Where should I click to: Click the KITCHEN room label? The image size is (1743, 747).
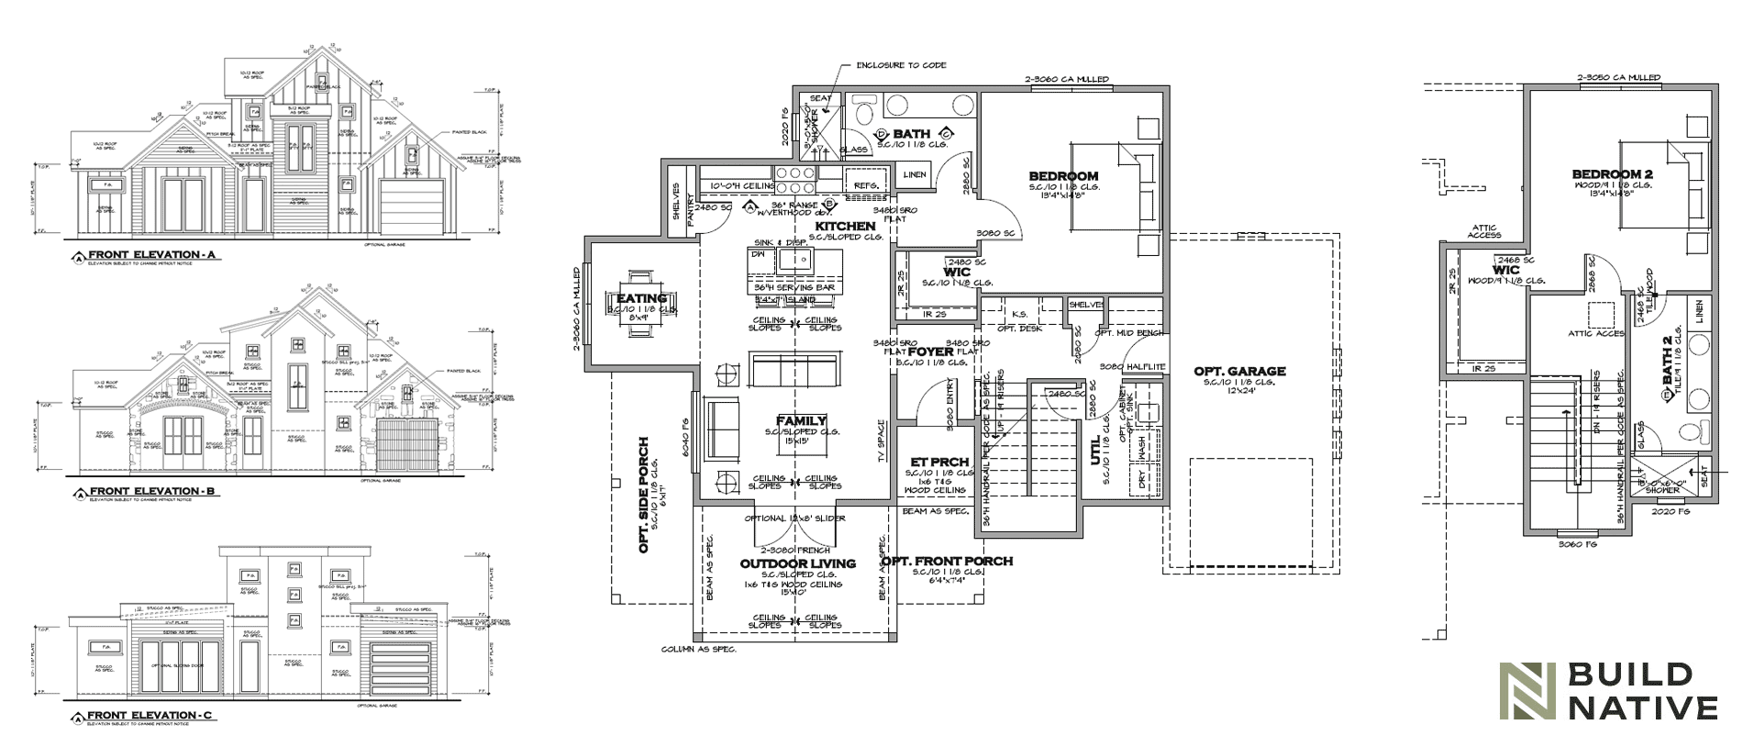click(x=845, y=226)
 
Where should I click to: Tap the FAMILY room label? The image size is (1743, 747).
click(x=801, y=421)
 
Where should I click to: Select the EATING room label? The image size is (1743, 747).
click(x=641, y=298)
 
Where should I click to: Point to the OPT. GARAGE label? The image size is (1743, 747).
click(x=1239, y=371)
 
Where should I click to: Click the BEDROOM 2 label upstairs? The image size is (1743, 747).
click(x=1612, y=174)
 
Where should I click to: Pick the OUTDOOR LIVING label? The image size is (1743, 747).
click(x=797, y=563)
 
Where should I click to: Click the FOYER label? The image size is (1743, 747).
click(x=931, y=351)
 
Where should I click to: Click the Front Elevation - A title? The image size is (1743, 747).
click(x=152, y=254)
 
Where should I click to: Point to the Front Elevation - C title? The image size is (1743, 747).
click(x=152, y=714)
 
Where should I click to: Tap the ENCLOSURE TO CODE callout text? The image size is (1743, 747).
click(x=901, y=65)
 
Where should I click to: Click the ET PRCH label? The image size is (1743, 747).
click(x=934, y=462)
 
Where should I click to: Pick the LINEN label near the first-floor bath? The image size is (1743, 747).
click(x=915, y=174)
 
